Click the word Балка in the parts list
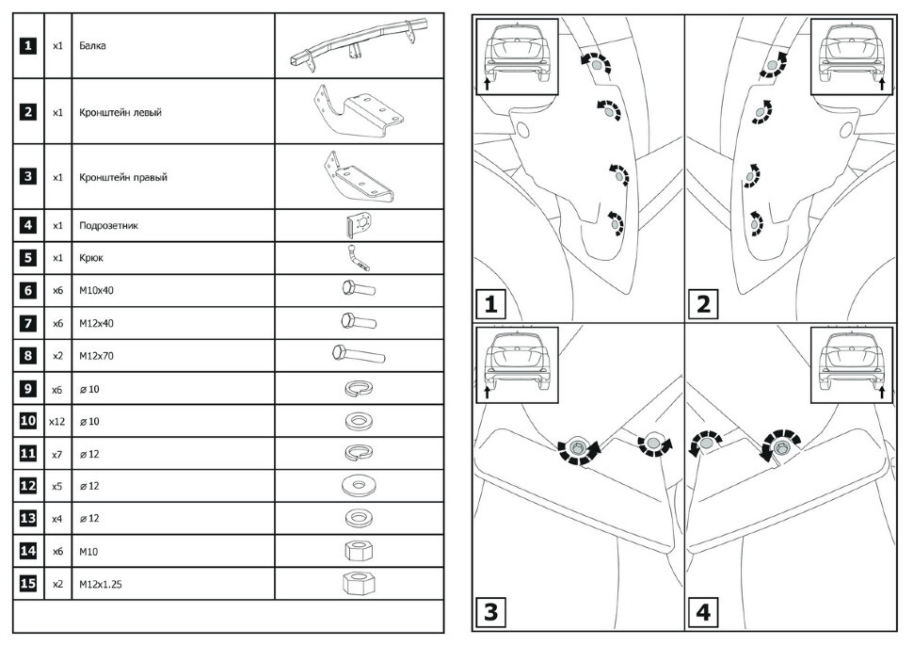92,45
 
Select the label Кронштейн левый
120,112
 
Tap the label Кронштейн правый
123,177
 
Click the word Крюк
91,258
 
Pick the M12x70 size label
98,356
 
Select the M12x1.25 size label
102,584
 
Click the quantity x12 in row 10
56,421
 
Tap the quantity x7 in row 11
56,454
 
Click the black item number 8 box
28,356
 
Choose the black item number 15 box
28,584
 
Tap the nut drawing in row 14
357,551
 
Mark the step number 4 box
705,612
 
